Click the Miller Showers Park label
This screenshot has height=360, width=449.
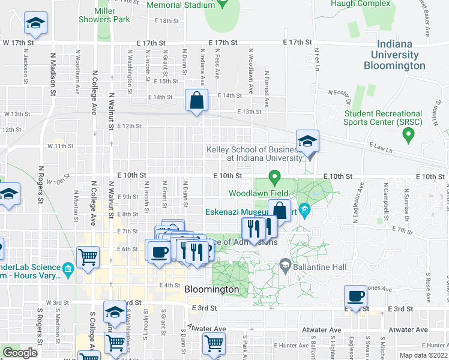tap(104, 15)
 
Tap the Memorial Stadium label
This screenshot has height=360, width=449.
tap(181, 5)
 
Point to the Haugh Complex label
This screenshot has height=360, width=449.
tap(361, 4)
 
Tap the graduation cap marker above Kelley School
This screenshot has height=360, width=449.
tap(307, 142)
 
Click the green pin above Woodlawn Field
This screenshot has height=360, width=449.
tap(275, 177)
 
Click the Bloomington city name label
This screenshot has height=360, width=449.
tap(211, 289)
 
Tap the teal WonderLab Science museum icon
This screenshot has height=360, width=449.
tap(67, 268)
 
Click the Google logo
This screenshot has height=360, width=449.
tap(20, 353)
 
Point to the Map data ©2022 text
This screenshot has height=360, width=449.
tap(424, 355)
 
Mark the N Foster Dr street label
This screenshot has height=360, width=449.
tap(339, 92)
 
